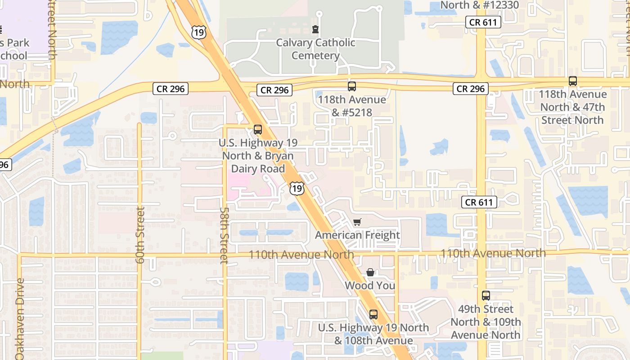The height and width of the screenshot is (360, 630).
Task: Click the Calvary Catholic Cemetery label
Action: click(x=315, y=49)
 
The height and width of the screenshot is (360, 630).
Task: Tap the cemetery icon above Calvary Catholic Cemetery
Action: click(x=315, y=30)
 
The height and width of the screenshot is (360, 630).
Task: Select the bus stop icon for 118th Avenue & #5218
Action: click(x=352, y=86)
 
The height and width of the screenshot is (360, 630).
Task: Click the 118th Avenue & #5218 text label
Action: click(x=352, y=106)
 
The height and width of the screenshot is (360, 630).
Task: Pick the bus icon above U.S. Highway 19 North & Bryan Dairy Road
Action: click(x=258, y=130)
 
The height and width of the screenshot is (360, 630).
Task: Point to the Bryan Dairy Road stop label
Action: click(x=258, y=156)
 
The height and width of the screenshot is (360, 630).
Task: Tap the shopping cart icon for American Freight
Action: click(x=357, y=222)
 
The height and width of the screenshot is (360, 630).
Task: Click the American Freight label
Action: click(x=357, y=235)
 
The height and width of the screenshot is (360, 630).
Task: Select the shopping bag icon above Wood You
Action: click(x=370, y=272)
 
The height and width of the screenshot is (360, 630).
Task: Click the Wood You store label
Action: click(x=370, y=285)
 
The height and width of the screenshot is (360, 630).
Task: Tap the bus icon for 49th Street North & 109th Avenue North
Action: click(x=486, y=296)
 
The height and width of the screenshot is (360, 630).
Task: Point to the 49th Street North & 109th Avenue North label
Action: click(x=486, y=322)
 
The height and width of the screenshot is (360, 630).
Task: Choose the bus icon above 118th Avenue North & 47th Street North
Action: click(x=573, y=81)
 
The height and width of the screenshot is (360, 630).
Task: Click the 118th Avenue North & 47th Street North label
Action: click(x=573, y=107)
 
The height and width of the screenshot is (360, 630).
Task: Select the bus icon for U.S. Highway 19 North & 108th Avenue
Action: click(x=373, y=315)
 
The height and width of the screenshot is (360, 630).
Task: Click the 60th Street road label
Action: click(x=140, y=235)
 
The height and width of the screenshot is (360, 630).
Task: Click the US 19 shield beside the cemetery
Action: click(x=198, y=31)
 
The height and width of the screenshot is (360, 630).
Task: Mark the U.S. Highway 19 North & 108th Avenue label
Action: click(x=373, y=333)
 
